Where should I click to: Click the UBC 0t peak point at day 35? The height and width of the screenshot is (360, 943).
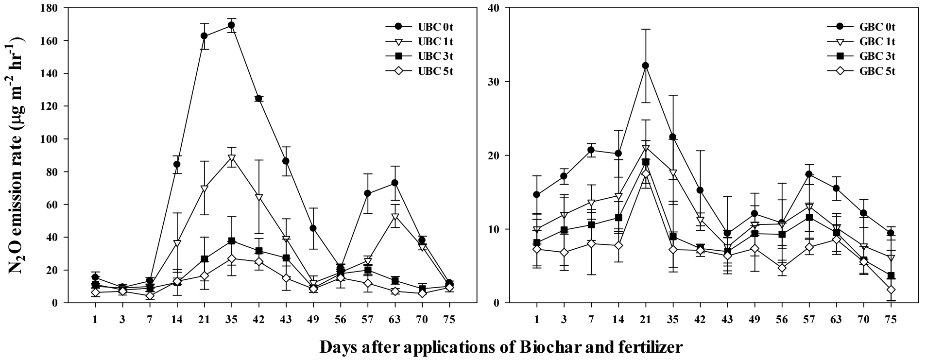point(231,25)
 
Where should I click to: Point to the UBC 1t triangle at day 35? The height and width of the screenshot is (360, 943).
point(231,158)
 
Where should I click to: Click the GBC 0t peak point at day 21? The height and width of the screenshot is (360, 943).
point(646,66)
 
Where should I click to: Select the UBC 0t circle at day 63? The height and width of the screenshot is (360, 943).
point(395,183)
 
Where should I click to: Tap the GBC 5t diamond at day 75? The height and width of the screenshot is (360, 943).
point(891,290)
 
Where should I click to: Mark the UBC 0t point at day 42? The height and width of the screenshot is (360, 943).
point(258,99)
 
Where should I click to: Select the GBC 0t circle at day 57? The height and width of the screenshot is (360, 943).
point(809,174)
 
